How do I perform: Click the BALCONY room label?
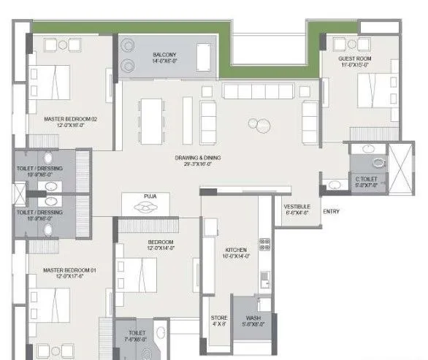(x=165, y=54)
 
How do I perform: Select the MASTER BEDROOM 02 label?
(x=70, y=118)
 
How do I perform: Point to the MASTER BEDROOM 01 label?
(x=69, y=270)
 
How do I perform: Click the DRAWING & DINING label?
(x=197, y=158)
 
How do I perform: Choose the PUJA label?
(x=151, y=196)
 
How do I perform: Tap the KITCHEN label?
(x=237, y=250)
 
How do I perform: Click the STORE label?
(x=219, y=318)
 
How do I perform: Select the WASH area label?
(x=253, y=318)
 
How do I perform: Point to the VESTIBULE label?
(x=297, y=207)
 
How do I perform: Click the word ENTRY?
(x=331, y=212)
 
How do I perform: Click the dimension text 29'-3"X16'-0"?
(x=197, y=164)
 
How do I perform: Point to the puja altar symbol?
(x=150, y=207)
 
